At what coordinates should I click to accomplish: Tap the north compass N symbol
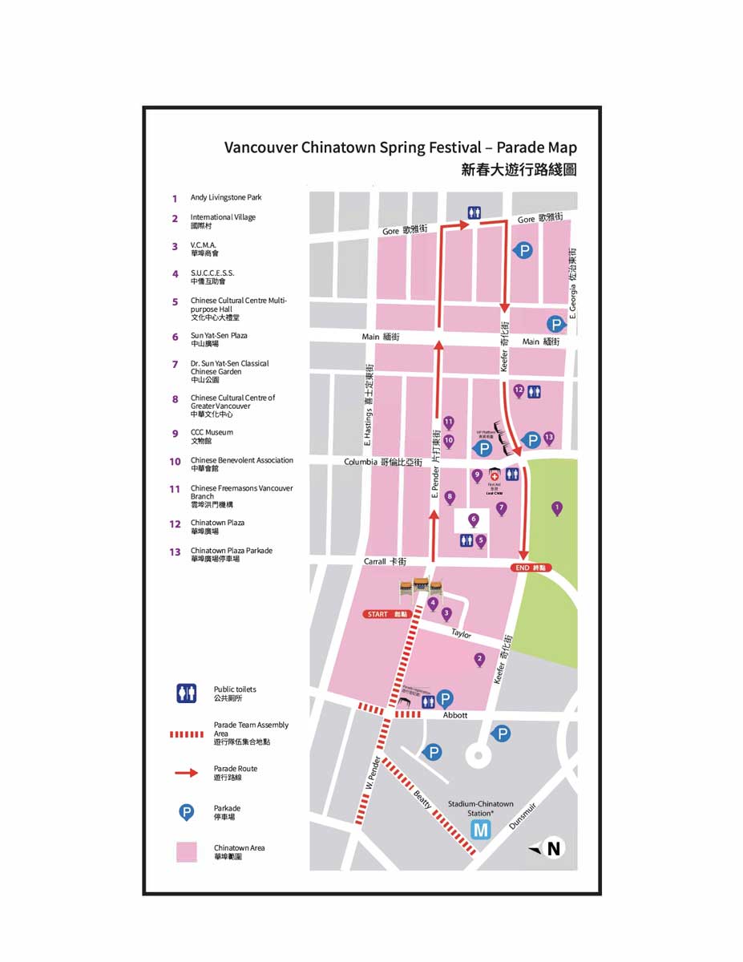[552, 849]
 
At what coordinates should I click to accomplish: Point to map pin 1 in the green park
[557, 507]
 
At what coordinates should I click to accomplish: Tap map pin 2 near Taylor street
[479, 660]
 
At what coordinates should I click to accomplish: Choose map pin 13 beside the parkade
[549, 438]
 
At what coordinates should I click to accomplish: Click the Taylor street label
[461, 634]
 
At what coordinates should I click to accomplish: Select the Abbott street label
[455, 715]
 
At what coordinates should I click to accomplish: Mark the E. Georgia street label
[572, 281]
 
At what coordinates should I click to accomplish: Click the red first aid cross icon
[495, 475]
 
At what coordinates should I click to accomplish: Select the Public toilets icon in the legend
[186, 693]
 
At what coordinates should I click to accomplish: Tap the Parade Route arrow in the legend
[186, 773]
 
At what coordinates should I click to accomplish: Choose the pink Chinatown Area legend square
[186, 851]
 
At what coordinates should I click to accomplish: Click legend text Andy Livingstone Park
[226, 197]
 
